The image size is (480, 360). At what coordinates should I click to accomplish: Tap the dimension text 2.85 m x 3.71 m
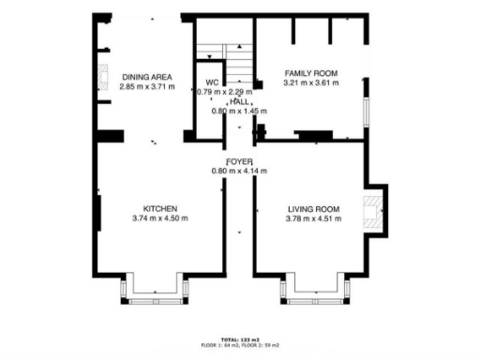tap(140, 85)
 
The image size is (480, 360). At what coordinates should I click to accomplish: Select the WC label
tap(212, 82)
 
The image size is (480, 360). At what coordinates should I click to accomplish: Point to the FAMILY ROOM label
tap(310, 73)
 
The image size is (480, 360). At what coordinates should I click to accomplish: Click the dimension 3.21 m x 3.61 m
tap(310, 82)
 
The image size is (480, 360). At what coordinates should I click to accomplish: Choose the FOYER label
tap(239, 161)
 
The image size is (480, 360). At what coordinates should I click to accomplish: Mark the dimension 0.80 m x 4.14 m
tap(239, 171)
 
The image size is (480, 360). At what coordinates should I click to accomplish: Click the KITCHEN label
tap(160, 208)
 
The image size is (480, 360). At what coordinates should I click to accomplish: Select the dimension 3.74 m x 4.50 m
tap(160, 217)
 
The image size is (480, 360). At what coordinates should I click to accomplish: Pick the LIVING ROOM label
tap(312, 208)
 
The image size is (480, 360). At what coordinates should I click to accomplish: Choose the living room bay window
tap(312, 297)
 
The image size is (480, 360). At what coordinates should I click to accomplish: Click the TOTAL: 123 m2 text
tap(239, 338)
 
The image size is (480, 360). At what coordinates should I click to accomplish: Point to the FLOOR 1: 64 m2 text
tap(220, 345)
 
